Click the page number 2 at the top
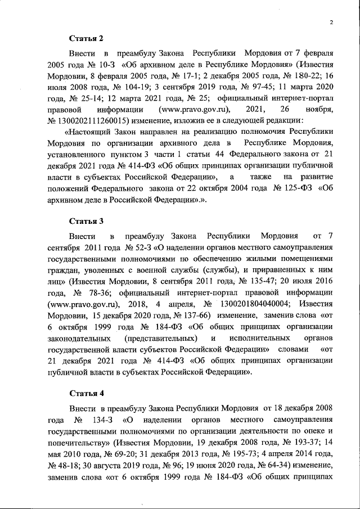click(x=332, y=22)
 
